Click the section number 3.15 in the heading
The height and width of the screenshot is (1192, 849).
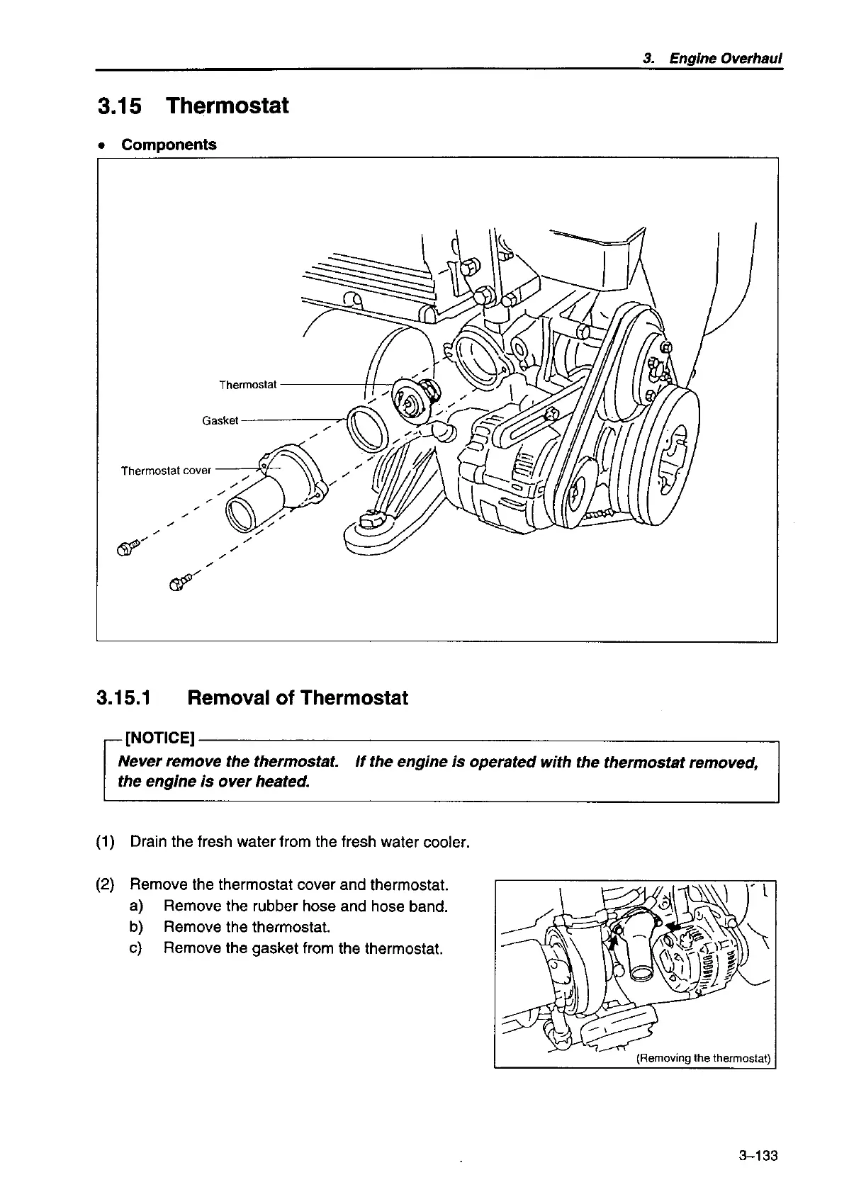click(119, 106)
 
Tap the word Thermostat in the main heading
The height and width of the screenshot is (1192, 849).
click(227, 106)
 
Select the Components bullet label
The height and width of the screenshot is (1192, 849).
click(169, 145)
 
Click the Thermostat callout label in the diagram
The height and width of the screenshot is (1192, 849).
click(247, 385)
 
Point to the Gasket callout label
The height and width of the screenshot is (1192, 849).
click(220, 420)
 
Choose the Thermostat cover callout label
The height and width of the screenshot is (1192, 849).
click(166, 471)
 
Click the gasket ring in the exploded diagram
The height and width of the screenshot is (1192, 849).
click(367, 429)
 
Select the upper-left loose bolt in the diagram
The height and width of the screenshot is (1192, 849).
click(128, 547)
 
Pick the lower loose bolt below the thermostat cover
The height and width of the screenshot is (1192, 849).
click(178, 583)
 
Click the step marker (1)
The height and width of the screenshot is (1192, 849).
click(105, 843)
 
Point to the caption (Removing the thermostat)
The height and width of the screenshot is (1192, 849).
click(702, 1059)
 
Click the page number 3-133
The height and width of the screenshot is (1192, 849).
click(758, 1157)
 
